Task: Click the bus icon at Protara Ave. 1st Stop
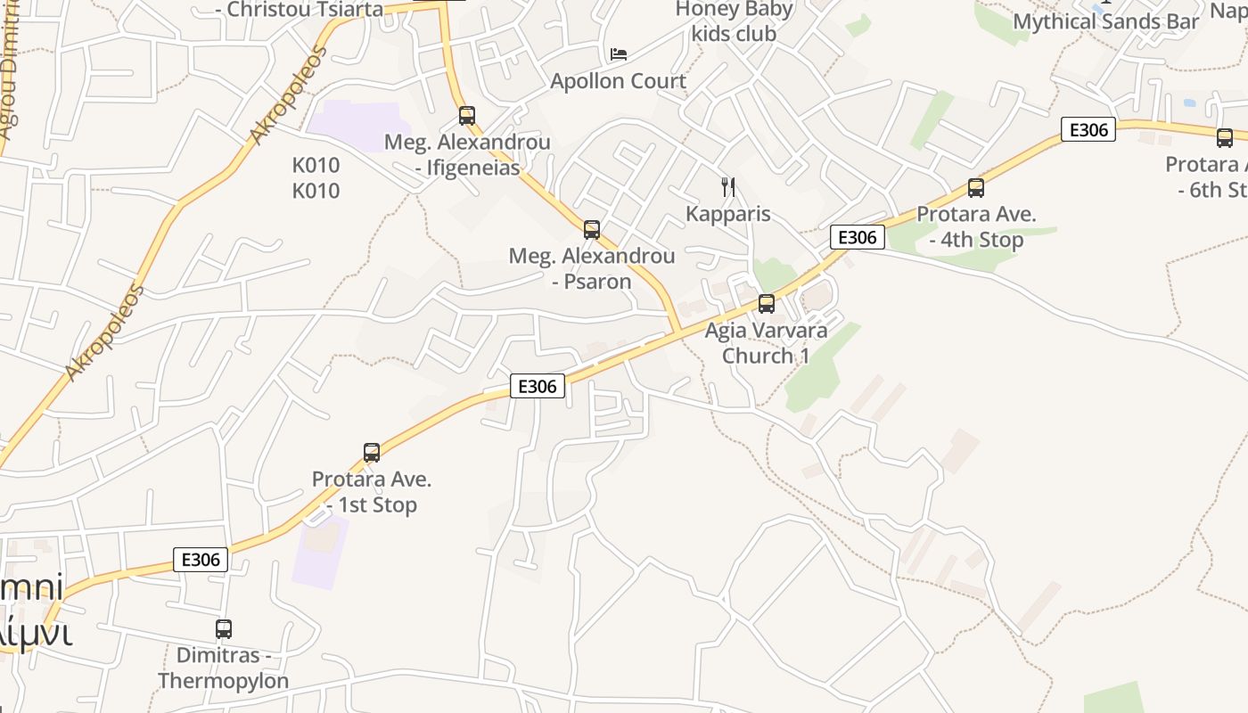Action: tap(372, 453)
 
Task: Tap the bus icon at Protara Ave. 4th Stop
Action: tap(976, 188)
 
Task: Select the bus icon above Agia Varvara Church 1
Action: tap(767, 304)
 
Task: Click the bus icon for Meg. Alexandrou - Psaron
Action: tap(592, 230)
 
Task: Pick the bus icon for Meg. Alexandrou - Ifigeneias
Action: tap(467, 115)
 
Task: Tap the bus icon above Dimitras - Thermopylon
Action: tap(224, 629)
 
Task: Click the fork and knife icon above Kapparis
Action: tap(728, 187)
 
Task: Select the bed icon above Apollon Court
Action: tap(619, 54)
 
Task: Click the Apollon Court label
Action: tap(619, 81)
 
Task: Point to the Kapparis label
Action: tap(728, 214)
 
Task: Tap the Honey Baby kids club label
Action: tap(734, 21)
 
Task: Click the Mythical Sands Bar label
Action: tap(1106, 21)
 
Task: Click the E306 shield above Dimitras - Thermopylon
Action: tap(201, 560)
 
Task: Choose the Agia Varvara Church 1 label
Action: tap(766, 343)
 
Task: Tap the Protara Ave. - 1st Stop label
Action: tap(372, 492)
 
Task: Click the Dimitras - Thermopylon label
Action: tap(224, 668)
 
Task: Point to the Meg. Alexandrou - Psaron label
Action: tap(592, 268)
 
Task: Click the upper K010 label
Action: tap(316, 165)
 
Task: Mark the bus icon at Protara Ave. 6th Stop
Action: tap(1225, 138)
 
